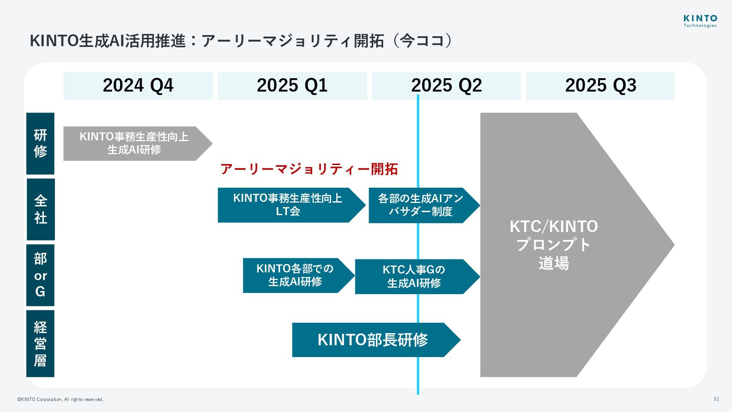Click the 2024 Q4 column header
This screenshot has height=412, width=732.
point(138,85)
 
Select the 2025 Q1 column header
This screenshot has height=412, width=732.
point(292,85)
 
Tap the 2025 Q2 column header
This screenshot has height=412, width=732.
point(446,85)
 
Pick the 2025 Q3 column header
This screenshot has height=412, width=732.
point(600,85)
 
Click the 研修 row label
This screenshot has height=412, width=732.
point(40,143)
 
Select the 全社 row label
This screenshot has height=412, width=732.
point(40,209)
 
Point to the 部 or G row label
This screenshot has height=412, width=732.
point(40,275)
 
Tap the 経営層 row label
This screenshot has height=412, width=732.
point(40,343)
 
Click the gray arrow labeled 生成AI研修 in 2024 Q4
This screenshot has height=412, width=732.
point(134,143)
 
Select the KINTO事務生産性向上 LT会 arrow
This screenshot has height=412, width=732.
point(288,205)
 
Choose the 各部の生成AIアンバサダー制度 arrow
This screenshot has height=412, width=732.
point(421,205)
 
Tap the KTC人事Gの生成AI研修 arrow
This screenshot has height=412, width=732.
point(414,277)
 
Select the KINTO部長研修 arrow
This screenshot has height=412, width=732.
point(372,340)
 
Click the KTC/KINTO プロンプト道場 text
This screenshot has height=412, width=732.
point(554,245)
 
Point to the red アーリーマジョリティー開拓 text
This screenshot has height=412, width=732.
point(309,169)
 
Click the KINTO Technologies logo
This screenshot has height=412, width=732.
point(700,21)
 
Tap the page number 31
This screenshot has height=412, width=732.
point(716,399)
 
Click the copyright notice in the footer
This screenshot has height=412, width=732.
point(60,399)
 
